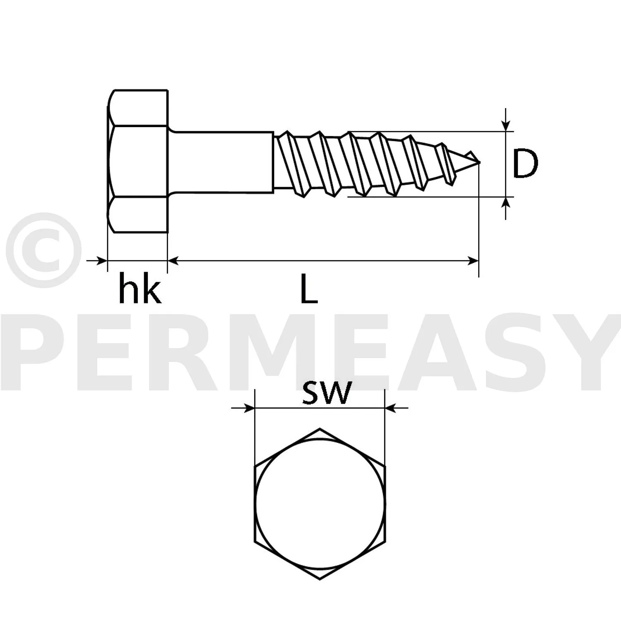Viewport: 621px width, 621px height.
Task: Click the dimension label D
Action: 525,164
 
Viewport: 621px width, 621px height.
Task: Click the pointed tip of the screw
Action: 479,163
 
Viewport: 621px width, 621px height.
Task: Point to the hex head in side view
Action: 137,161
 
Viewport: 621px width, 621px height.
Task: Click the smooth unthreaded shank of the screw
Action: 221,161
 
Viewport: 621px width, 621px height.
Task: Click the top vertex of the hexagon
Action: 320,428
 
